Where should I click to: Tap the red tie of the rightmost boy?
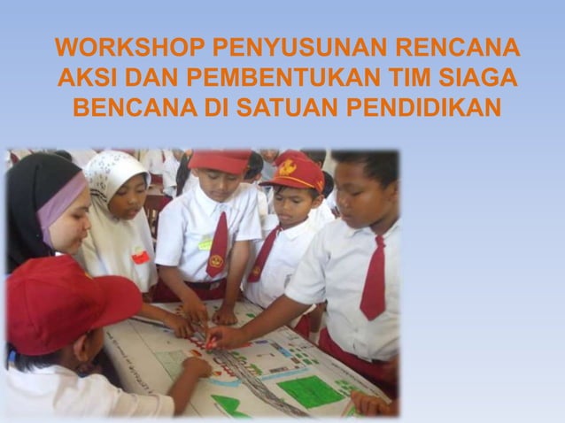375,279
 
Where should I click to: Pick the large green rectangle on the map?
311,390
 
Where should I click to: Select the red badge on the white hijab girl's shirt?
140,257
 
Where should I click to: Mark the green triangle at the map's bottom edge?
228,406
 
